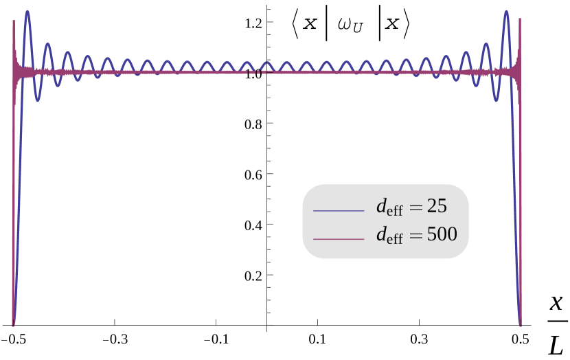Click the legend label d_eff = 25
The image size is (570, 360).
[411, 206]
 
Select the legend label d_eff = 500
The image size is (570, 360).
[416, 235]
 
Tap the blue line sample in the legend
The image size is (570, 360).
[339, 211]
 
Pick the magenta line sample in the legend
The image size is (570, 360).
[339, 239]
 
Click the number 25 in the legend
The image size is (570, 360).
[437, 205]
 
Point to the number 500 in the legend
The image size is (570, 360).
[442, 234]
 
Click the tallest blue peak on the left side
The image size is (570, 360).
[27, 12]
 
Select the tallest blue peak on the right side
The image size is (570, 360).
[506, 12]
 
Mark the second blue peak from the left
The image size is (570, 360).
[47, 45]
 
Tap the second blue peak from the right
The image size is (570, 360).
[486, 45]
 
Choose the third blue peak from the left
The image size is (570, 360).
[67, 52]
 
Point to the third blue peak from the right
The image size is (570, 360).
[466, 52]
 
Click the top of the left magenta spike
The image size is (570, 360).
[14, 21]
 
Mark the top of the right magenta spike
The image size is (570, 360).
[520, 19]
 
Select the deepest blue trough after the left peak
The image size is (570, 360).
[38, 101]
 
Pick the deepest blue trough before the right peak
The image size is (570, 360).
[497, 101]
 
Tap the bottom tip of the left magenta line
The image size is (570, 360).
[13, 324]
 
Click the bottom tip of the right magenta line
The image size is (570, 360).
[521, 324]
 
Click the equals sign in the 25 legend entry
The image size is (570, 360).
[415, 207]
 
